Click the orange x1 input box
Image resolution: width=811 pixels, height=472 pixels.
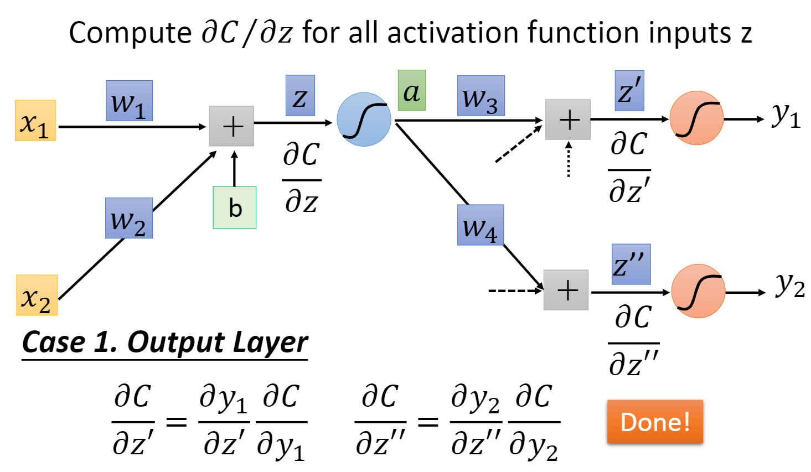pos(35,121)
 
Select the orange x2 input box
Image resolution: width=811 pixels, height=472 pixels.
pos(37,295)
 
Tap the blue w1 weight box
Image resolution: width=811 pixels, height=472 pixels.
pos(129,101)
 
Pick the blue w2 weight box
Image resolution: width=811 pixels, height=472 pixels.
pos(129,218)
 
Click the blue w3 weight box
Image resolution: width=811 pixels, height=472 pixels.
pos(481,96)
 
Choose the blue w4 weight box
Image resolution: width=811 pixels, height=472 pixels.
pos(480,225)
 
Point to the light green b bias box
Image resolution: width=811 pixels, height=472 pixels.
pos(235,208)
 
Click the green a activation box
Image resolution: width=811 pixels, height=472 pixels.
pos(411,90)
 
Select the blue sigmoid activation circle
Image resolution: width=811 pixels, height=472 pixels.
pos(364,120)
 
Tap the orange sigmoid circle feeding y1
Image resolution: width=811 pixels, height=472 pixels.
pos(696,118)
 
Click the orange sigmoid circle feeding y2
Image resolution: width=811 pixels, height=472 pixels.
pos(698,291)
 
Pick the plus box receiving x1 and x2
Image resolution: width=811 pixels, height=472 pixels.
pos(231,126)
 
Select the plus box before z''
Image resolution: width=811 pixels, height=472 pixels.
pos(566,290)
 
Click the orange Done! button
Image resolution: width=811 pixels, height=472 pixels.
pos(655,422)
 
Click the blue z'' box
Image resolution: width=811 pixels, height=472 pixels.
pos(631,264)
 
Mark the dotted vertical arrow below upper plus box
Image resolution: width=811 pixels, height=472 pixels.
pos(568,160)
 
